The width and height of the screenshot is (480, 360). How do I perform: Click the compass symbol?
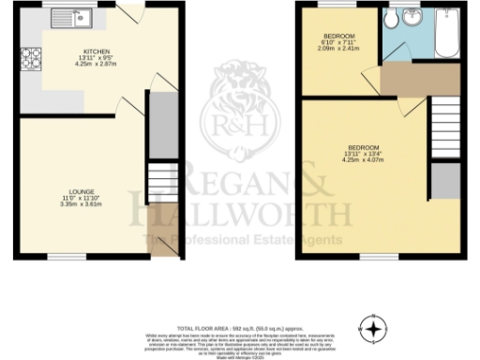pos(375,328)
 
